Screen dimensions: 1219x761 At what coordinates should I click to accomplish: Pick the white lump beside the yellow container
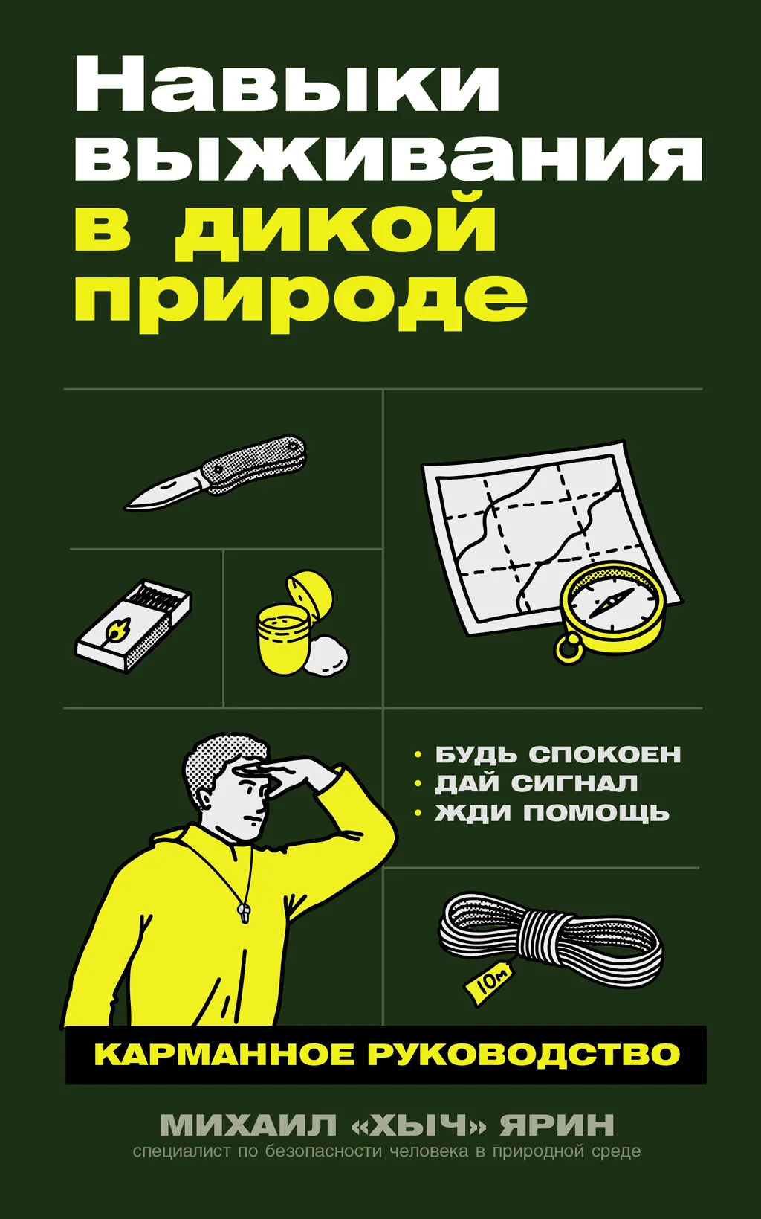pyautogui.click(x=327, y=656)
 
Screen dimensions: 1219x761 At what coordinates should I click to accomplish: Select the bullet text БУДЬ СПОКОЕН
pyautogui.click(x=557, y=754)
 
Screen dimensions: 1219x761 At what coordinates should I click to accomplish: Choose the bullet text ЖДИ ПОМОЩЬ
pyautogui.click(x=551, y=813)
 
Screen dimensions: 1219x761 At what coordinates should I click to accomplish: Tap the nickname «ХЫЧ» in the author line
pyautogui.click(x=418, y=1125)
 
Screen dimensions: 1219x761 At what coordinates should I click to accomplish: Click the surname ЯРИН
pyautogui.click(x=557, y=1125)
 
